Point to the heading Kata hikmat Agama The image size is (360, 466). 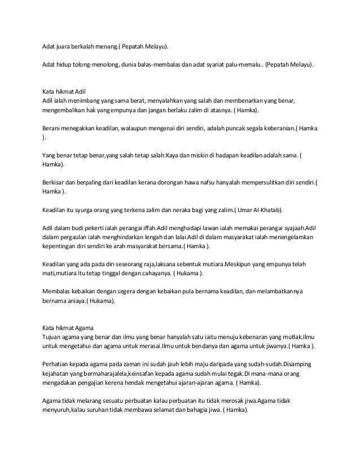pos(68,327)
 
